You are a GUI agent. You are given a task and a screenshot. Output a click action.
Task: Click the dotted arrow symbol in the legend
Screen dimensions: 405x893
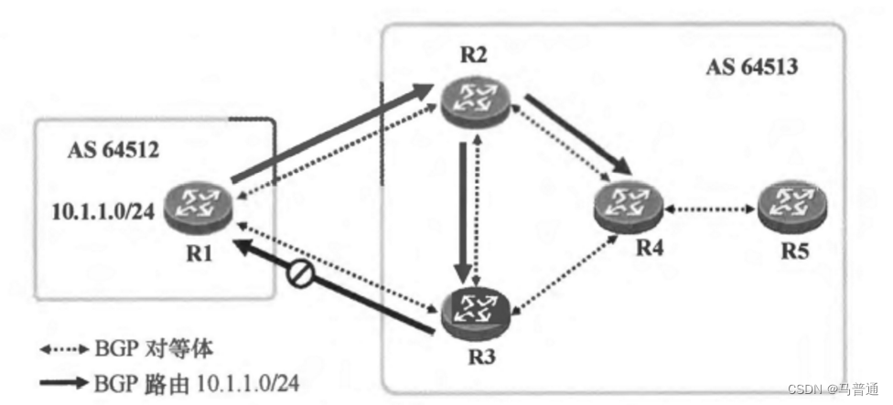click(63, 348)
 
